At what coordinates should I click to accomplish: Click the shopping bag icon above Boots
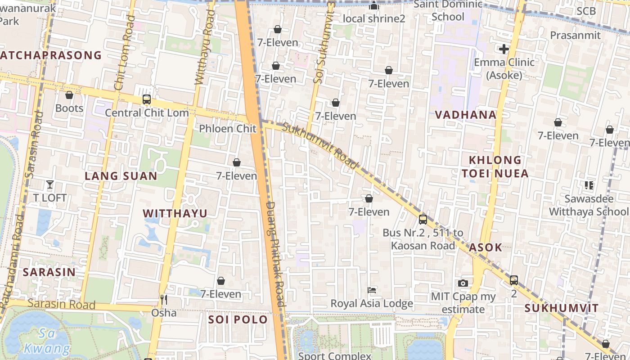click(69, 95)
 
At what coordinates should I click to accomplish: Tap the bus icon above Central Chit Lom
click(146, 99)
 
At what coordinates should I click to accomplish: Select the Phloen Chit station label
click(228, 128)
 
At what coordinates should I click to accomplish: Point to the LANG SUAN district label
click(121, 176)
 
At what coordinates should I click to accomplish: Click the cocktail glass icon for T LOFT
click(50, 184)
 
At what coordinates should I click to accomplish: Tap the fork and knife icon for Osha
click(164, 299)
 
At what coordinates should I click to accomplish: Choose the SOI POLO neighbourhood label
click(238, 319)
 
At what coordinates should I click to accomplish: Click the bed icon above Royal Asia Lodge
click(372, 290)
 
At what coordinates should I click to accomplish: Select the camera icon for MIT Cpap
click(463, 283)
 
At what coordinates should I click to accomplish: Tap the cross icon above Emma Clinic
click(504, 49)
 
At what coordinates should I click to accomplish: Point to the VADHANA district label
click(466, 115)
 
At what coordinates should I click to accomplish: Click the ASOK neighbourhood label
click(486, 247)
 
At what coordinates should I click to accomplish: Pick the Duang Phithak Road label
click(275, 254)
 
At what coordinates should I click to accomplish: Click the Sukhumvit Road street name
click(320, 145)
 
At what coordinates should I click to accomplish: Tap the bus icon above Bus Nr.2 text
click(423, 220)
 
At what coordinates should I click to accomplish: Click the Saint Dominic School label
click(448, 10)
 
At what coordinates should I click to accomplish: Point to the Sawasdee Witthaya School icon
click(589, 185)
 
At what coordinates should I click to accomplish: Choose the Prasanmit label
click(575, 35)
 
